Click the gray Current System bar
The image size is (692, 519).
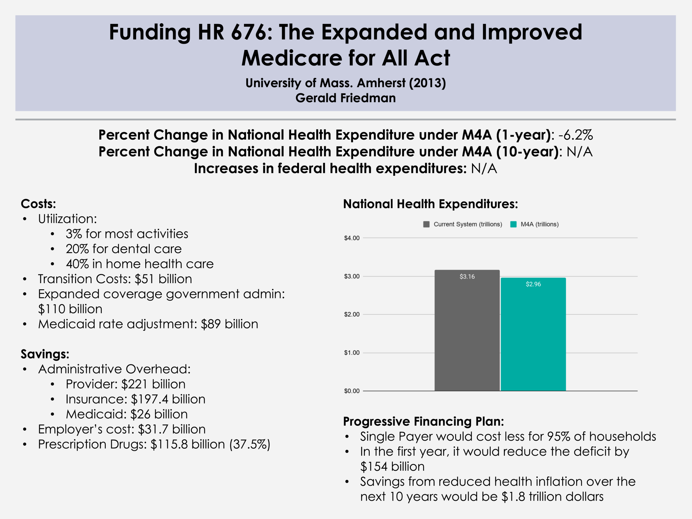coord(467,335)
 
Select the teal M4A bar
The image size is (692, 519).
coord(533,338)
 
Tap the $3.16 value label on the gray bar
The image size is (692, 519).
coord(467,277)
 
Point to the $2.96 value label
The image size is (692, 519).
coord(533,284)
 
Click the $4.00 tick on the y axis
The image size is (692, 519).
coord(352,238)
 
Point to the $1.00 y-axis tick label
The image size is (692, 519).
coord(352,353)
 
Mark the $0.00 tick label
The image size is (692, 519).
coord(352,391)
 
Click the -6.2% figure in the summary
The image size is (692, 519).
coord(576,135)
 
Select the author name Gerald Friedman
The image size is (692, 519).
coord(346,98)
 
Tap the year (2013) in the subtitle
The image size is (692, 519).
coord(427,83)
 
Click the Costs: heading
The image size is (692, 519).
coord(38,204)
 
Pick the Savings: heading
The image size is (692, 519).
coord(45,354)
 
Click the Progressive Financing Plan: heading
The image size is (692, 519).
coord(423,421)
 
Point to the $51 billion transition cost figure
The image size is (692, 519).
coord(163,279)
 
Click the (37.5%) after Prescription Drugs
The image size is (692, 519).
coord(250,444)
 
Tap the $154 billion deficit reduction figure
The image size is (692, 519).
coord(392,467)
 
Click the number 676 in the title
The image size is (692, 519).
coord(247,32)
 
